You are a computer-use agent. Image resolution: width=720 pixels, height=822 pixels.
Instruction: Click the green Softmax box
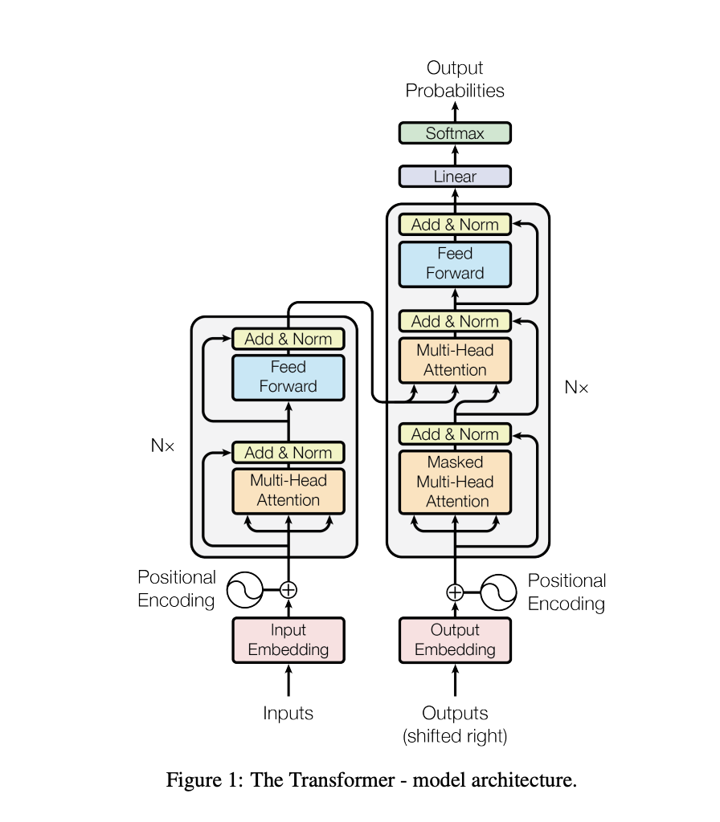[455, 133]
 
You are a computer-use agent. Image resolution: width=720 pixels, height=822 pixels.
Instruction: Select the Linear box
[455, 177]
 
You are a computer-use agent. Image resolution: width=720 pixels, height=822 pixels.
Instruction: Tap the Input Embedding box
[288, 640]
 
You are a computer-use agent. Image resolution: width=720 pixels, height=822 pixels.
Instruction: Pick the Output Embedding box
[455, 640]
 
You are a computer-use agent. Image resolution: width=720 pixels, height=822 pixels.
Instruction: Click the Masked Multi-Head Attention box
[455, 482]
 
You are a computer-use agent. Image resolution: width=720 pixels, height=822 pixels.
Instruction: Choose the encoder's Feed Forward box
[288, 376]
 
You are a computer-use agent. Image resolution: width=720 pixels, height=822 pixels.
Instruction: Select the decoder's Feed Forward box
[455, 263]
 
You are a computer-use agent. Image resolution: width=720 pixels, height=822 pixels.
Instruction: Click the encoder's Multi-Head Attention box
[288, 490]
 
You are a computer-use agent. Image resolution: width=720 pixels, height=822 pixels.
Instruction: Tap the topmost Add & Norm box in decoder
[455, 225]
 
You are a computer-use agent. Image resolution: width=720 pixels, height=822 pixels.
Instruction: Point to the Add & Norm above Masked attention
[455, 434]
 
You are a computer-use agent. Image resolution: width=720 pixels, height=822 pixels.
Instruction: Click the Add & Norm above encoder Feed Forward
[288, 339]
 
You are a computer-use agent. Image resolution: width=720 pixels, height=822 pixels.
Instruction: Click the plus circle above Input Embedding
[288, 590]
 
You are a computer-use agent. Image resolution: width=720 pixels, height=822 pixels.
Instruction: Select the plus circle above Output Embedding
[455, 592]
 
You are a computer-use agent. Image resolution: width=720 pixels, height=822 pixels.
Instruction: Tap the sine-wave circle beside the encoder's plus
[245, 590]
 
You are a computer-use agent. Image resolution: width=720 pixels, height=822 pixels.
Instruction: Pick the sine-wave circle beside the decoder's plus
[498, 592]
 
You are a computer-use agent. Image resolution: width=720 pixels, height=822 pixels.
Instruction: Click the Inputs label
[288, 713]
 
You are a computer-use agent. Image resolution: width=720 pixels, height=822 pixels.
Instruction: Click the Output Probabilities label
[455, 79]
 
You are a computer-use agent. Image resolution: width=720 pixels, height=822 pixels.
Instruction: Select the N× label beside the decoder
[576, 388]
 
